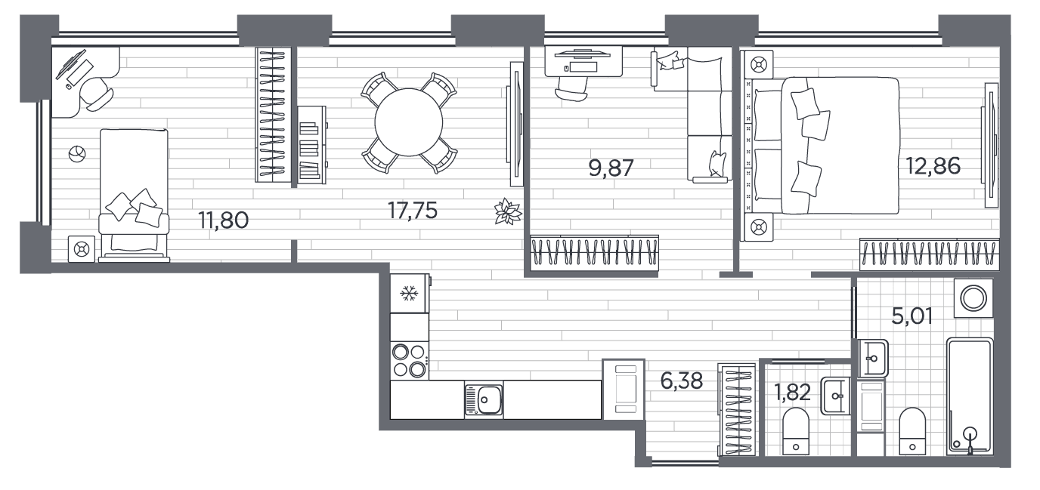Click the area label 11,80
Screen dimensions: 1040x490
click(x=223, y=220)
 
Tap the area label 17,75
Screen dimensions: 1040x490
click(x=413, y=211)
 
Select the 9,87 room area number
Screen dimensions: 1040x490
click(x=611, y=168)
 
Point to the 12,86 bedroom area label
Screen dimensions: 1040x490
click(x=933, y=166)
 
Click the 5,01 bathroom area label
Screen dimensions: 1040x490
click(x=912, y=316)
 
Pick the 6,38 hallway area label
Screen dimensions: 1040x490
click(x=682, y=381)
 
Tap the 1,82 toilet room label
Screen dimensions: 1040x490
click(x=792, y=393)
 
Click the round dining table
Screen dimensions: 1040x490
click(x=409, y=122)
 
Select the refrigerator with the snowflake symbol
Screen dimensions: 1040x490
click(x=410, y=294)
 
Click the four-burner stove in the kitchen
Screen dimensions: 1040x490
click(x=410, y=361)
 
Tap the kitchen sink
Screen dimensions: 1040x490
click(x=484, y=400)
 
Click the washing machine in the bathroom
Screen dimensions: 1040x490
click(x=973, y=298)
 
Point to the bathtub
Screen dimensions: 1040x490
click(x=970, y=397)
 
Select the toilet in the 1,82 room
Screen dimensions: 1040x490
click(x=796, y=432)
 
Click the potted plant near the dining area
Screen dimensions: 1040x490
click(x=509, y=212)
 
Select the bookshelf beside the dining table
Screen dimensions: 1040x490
click(x=312, y=145)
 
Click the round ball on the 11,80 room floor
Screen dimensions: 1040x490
click(x=77, y=153)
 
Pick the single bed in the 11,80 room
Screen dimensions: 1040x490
click(x=134, y=195)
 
